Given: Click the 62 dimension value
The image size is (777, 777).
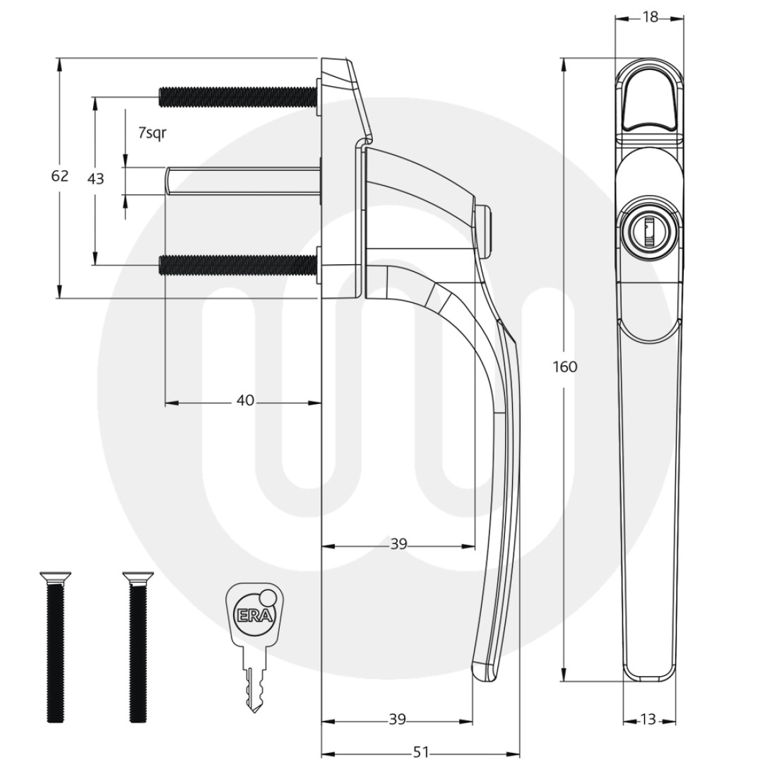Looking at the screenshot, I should tap(60, 176).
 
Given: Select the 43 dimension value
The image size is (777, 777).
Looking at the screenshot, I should tap(95, 179).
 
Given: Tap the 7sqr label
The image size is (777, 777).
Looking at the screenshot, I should tap(153, 133).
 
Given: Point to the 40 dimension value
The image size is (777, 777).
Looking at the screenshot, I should tap(244, 401).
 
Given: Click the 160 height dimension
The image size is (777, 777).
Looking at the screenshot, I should tap(566, 367).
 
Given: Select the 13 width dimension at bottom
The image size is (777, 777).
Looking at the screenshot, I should tap(648, 720).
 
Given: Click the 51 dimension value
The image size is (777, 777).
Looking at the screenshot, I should tap(421, 753).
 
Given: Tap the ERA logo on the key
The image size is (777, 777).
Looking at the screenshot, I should tap(247, 614).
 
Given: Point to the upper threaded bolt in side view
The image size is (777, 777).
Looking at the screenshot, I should tap(237, 96).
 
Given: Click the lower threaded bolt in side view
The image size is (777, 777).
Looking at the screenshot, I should tap(237, 265).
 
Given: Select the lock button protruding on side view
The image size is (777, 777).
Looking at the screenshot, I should tap(485, 230).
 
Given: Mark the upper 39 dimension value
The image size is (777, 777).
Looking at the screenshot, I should tap(399, 544).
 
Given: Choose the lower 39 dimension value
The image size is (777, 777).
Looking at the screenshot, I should tap(398, 720).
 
